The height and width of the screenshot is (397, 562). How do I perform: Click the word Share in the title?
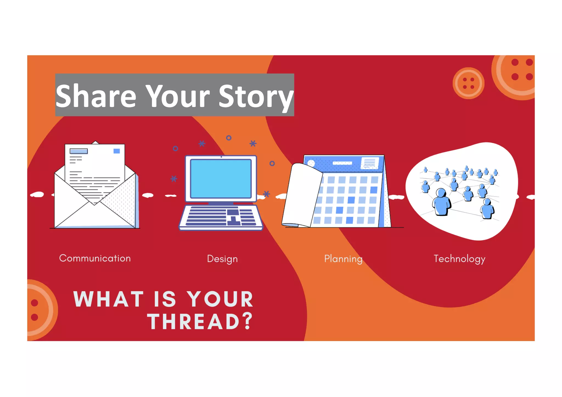(x=96, y=96)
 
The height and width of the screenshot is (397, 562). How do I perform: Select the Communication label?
(x=95, y=258)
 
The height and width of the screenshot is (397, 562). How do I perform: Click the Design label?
(x=222, y=259)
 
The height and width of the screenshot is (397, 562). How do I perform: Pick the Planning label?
(x=343, y=259)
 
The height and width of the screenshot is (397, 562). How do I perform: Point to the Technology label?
(x=459, y=259)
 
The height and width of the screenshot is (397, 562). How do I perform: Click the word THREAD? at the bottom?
(x=200, y=321)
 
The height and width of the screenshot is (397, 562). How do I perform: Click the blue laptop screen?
(x=221, y=179)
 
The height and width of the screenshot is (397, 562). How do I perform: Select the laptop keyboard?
(x=221, y=217)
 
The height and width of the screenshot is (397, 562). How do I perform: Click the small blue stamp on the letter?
(x=117, y=151)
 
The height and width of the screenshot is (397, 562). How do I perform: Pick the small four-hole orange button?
(x=468, y=83)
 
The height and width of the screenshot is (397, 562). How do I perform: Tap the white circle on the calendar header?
(x=311, y=164)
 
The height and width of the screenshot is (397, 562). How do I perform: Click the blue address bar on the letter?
(x=78, y=151)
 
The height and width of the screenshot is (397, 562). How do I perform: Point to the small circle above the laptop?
(x=229, y=138)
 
